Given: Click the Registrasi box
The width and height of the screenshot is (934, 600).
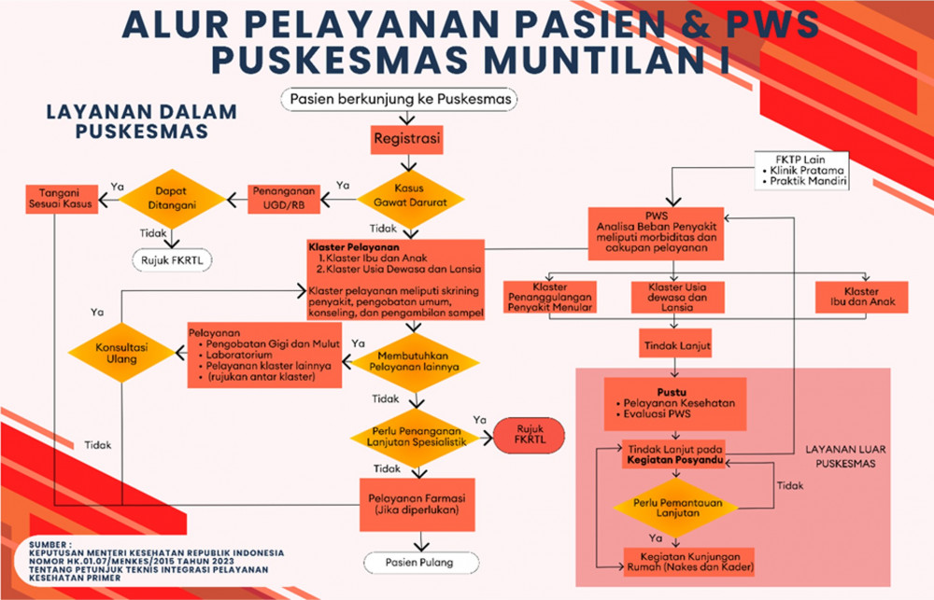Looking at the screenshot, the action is coord(407,139).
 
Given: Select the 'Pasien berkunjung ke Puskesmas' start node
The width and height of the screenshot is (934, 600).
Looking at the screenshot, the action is coord(399,99).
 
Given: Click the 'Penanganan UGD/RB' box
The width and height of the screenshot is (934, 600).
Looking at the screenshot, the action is coord(284,199).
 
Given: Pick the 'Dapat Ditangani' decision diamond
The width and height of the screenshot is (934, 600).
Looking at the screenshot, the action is coord(172,199).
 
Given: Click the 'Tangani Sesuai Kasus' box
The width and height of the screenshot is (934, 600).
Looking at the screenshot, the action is coord(62,199).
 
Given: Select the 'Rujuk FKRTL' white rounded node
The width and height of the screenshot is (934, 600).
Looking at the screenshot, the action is coord(172,260).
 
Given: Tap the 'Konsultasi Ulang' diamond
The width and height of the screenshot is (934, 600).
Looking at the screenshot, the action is coord(121,353).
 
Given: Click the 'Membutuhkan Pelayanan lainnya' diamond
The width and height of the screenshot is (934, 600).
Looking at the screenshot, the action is coord(416,362).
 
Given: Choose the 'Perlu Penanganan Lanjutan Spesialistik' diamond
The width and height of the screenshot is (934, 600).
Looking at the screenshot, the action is coord(417,438).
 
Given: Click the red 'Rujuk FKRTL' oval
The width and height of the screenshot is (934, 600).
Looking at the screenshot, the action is coord(530,435).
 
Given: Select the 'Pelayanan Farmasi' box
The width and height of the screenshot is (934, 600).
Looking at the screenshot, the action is coord(417,504).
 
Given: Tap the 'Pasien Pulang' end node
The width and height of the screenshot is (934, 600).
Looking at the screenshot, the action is coord(421,563).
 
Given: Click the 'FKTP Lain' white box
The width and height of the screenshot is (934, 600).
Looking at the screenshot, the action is coord(801,170).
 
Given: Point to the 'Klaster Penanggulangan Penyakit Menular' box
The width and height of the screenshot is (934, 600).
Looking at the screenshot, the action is coord(550,297).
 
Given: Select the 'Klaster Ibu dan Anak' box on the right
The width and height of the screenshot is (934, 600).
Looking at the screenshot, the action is coord(861,297).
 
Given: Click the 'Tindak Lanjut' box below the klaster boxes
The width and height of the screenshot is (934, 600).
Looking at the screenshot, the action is coord(675,343).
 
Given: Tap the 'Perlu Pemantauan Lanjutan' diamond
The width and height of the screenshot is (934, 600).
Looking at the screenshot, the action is coord(676,507).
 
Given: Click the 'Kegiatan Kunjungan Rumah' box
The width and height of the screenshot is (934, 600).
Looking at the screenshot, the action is coord(689,562).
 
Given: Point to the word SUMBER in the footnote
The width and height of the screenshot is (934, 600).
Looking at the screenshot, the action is coord(49,545).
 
